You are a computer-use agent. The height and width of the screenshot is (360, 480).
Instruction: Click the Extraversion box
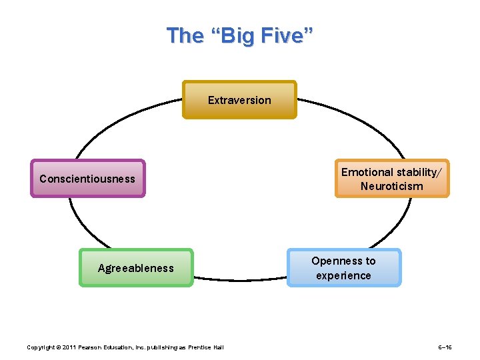coord(239,100)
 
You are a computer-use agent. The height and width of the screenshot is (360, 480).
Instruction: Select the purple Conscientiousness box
coord(87,179)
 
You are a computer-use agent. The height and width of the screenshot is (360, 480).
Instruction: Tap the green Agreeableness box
coord(136,268)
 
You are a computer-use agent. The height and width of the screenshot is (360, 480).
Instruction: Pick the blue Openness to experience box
coord(344,268)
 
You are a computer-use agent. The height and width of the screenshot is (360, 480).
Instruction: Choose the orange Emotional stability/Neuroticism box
coord(392,179)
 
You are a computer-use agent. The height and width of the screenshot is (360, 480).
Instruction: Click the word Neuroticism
coord(392,186)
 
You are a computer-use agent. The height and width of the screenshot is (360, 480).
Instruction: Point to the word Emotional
coord(367,172)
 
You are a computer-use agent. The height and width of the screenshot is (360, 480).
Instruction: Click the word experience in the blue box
coord(344,275)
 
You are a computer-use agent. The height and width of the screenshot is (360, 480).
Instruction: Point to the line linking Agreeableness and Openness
coord(240,279)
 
